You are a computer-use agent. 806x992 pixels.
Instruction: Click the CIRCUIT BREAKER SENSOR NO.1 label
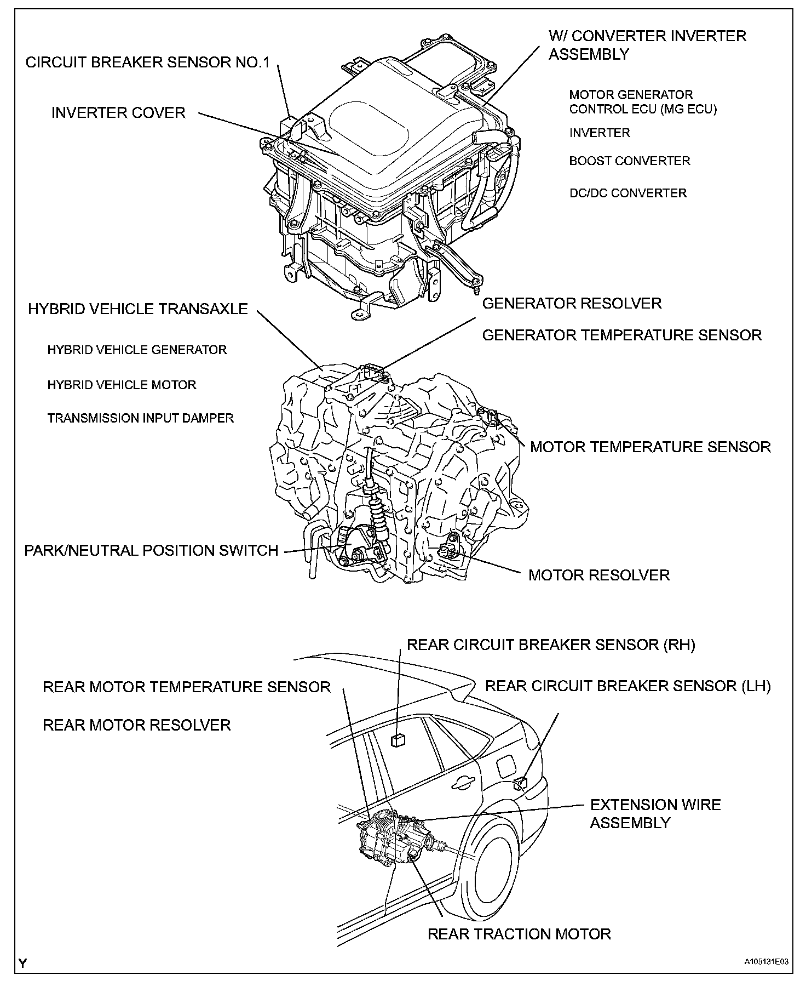click(147, 62)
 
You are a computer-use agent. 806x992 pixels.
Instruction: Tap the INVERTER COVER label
click(118, 113)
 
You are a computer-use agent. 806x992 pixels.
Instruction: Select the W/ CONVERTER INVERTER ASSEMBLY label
click(647, 45)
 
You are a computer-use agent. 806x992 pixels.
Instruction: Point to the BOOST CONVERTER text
click(630, 161)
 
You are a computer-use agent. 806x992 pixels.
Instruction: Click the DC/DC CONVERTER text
click(628, 193)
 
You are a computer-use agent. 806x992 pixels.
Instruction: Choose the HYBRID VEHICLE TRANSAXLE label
click(138, 309)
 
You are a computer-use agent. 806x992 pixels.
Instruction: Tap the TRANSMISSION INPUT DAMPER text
click(141, 418)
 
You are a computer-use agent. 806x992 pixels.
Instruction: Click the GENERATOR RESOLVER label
click(572, 304)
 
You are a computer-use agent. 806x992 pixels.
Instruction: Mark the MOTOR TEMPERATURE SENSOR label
click(650, 447)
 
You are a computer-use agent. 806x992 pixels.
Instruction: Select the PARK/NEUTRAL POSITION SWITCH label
click(151, 550)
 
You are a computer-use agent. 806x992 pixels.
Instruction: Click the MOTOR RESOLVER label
click(599, 575)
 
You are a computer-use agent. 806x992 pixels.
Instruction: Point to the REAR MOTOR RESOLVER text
click(137, 725)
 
